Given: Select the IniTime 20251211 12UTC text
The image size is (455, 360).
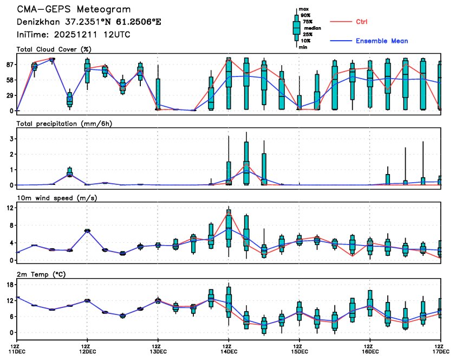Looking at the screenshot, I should [x=74, y=35].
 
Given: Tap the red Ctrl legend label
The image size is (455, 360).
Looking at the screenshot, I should [x=362, y=22].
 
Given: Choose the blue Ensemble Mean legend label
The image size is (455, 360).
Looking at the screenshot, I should [x=382, y=41].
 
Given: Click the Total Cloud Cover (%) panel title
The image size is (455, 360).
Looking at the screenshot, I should [x=53, y=49].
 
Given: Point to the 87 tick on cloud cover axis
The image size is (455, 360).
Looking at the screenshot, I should [x=9, y=65].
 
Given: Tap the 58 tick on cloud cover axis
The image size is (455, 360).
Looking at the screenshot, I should [x=9, y=80].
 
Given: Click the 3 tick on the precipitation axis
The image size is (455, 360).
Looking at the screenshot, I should [x=11, y=139].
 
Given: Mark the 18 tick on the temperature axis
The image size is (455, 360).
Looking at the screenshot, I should [x=9, y=284].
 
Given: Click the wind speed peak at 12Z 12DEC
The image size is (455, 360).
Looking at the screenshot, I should [x=87, y=230].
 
